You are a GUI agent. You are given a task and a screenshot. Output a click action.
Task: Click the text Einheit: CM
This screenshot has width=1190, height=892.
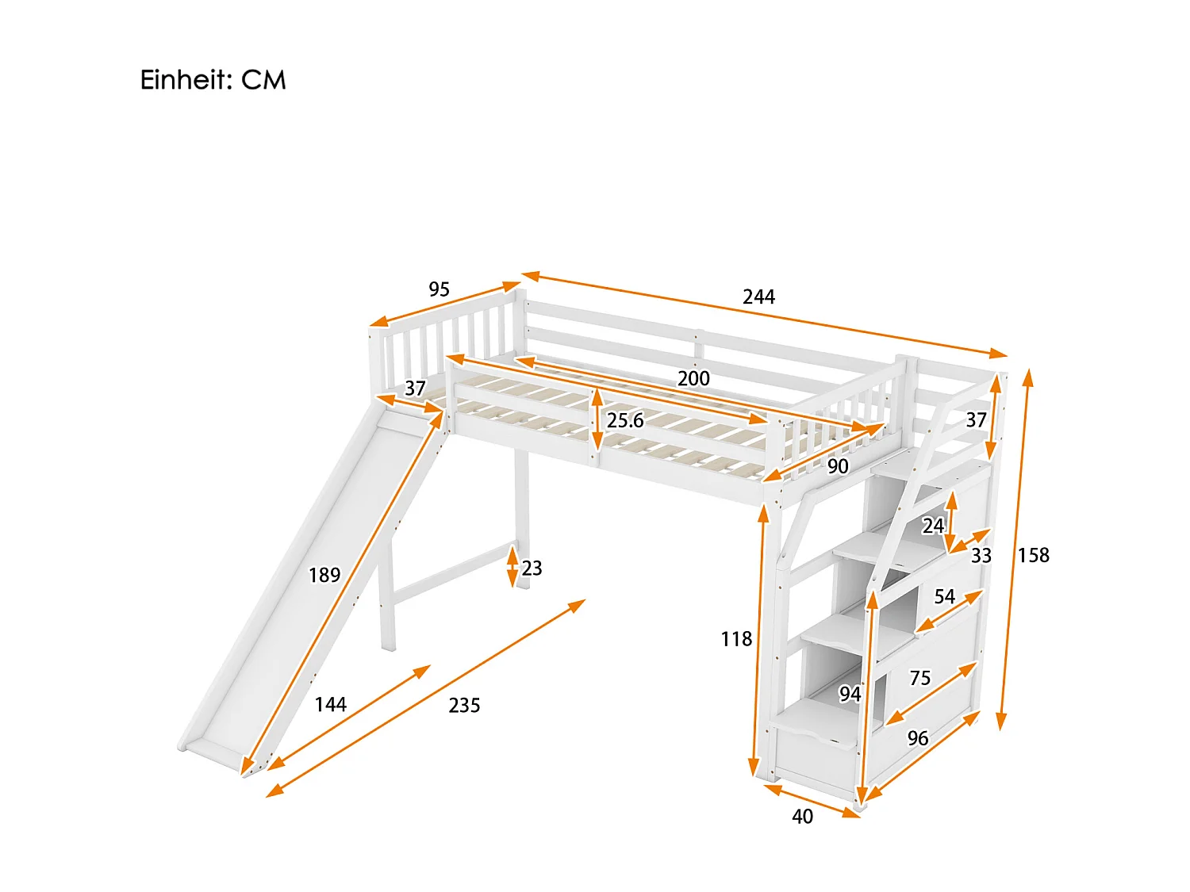click(213, 80)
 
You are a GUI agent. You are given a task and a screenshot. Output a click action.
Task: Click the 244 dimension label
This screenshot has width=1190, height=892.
click(758, 297)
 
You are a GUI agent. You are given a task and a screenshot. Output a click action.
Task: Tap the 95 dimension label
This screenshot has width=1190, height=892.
click(439, 289)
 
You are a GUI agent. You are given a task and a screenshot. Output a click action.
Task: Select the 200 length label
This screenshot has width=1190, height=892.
click(693, 378)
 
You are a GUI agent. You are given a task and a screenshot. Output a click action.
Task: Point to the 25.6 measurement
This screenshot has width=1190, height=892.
click(625, 421)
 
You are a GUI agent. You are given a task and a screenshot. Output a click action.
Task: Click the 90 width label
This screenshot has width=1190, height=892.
click(838, 466)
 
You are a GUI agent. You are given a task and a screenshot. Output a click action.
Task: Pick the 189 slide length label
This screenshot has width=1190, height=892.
click(324, 575)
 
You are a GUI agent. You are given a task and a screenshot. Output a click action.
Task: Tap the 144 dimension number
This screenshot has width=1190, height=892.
click(330, 704)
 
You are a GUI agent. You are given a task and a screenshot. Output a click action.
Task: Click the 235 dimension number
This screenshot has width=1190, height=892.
click(464, 705)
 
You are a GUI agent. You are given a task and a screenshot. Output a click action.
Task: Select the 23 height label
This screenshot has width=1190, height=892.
click(532, 568)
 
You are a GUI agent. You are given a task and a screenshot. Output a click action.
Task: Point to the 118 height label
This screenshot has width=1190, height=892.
click(735, 639)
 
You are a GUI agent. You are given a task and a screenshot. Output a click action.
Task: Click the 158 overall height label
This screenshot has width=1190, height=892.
click(1034, 555)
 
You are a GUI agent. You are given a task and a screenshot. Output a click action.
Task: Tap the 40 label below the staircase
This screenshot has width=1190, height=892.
click(802, 816)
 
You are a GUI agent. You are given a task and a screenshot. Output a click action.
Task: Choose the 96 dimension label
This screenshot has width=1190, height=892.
click(917, 738)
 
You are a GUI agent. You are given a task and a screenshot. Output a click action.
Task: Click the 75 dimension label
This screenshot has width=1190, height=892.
click(919, 678)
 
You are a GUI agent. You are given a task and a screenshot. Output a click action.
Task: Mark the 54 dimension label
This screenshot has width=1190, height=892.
click(944, 596)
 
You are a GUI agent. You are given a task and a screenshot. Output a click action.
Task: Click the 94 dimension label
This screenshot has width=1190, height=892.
click(850, 694)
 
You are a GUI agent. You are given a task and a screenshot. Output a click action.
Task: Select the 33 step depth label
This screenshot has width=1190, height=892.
click(981, 555)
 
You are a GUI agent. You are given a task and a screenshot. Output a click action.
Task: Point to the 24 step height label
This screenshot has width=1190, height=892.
click(933, 526)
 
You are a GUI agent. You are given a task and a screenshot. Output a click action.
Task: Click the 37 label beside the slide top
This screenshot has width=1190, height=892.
click(415, 388)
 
